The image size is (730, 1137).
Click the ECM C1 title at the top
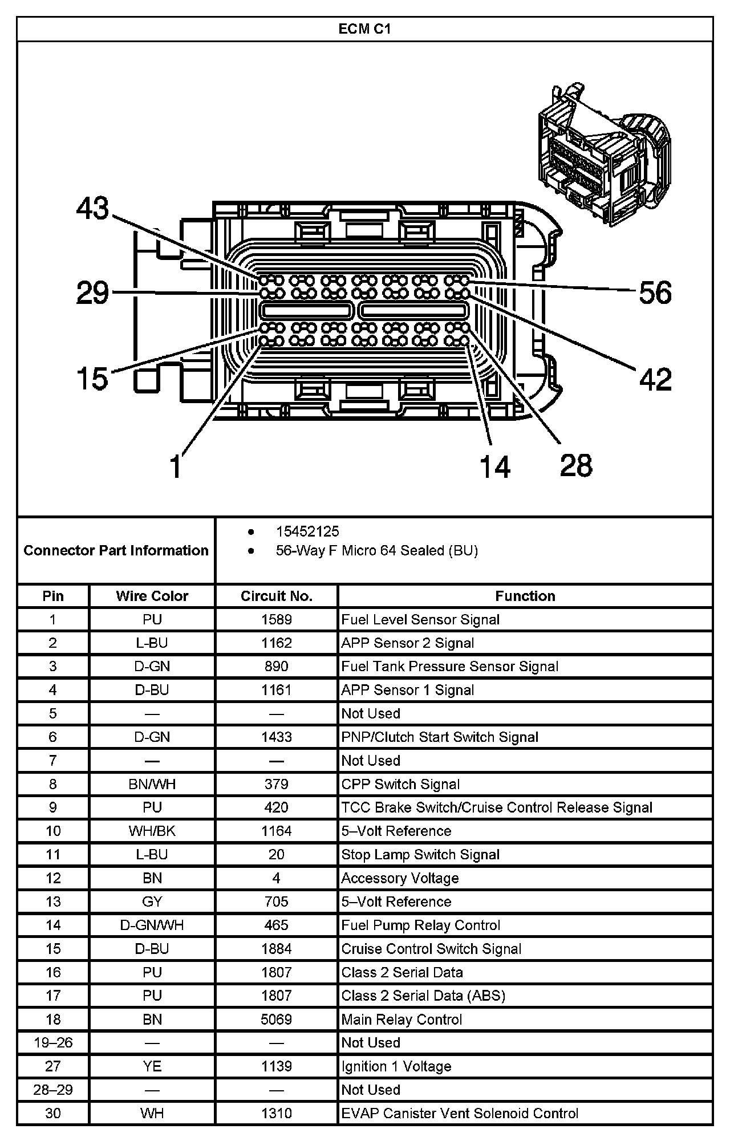coord(364,29)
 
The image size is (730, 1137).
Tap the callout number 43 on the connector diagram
coord(93,209)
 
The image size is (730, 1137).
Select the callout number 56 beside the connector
coord(655,293)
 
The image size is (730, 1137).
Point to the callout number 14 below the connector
coord(494,466)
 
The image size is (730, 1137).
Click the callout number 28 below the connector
coord(576,465)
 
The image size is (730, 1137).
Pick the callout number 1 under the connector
coord(176,466)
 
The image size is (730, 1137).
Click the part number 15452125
coord(307,531)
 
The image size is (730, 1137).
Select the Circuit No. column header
coord(277,596)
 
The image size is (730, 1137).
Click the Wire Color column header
coord(152,596)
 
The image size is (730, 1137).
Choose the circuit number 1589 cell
coord(277,620)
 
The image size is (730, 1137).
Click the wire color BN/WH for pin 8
coord(152,784)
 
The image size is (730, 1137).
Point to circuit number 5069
coord(277,1019)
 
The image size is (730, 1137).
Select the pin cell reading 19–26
coord(53,1042)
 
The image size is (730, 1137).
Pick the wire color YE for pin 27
coord(152,1066)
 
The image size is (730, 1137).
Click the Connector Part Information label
coord(116,550)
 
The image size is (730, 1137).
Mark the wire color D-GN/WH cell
coord(152,925)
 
